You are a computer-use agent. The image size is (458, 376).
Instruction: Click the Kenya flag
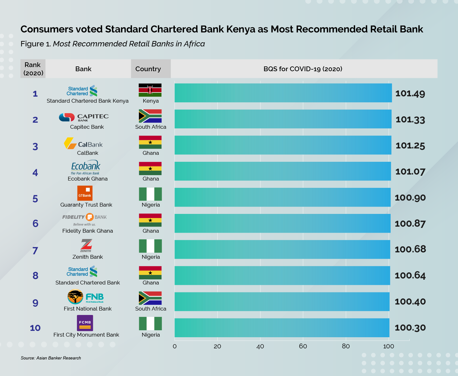(150, 90)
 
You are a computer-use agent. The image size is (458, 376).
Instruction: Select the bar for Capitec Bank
(283, 119)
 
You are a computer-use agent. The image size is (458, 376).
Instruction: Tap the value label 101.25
(410, 146)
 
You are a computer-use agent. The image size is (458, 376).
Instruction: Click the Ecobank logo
(85, 167)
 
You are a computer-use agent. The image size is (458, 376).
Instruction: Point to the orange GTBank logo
(85, 193)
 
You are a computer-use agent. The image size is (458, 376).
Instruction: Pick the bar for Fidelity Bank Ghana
(282, 223)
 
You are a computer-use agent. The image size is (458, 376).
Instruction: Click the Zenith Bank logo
(86, 246)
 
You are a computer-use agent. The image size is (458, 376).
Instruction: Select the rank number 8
(35, 276)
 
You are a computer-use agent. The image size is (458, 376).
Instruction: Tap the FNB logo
(85, 297)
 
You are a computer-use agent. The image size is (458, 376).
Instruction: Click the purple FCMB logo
(85, 323)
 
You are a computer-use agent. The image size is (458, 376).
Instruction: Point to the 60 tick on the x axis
(303, 346)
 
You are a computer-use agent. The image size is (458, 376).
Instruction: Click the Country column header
(148, 69)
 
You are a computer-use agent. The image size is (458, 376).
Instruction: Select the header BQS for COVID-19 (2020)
(303, 69)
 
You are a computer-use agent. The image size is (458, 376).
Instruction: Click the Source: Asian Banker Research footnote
(51, 358)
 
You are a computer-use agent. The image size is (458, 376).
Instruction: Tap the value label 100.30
(410, 328)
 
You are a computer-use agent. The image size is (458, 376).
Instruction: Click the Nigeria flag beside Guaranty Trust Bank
(150, 194)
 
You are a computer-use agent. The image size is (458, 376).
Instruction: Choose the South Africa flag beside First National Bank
(150, 298)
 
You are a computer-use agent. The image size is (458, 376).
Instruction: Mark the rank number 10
(35, 328)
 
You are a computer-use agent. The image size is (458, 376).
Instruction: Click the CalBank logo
(83, 144)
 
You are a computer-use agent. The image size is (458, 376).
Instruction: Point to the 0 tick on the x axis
(174, 346)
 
